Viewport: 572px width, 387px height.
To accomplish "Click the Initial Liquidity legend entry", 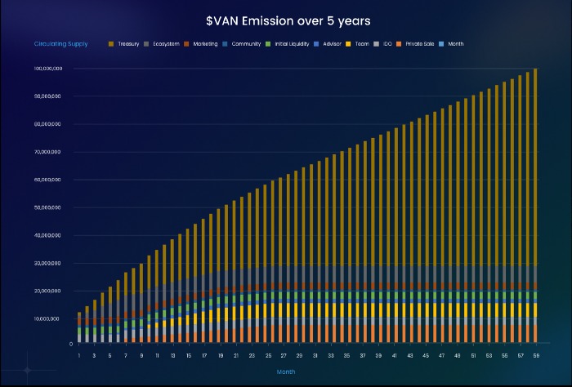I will pos(293,43).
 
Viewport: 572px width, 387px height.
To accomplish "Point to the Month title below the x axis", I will pos(286,372).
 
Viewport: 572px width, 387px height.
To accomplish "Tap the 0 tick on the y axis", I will pos(71,344).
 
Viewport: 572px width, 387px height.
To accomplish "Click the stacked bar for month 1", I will pos(79,327).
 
